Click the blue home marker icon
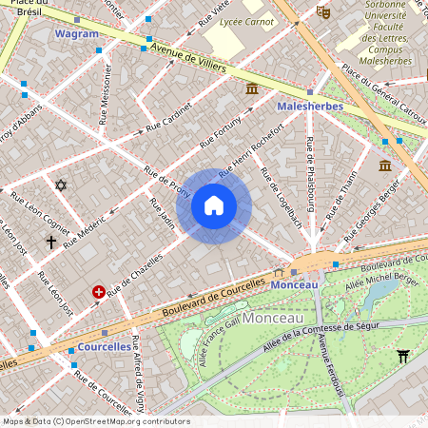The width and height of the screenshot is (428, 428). coord(214,205)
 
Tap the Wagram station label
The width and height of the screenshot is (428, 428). coord(77,33)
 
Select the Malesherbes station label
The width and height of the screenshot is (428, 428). coord(309,107)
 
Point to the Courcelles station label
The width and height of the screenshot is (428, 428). coord(105,347)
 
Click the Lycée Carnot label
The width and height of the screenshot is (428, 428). coord(245,21)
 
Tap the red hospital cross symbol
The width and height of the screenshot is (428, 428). coord(98,293)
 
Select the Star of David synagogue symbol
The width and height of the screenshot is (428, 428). coord(62,185)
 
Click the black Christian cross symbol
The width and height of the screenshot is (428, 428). coord(51,243)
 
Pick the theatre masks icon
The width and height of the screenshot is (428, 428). coord(323,12)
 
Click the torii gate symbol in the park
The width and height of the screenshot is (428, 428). coord(403,357)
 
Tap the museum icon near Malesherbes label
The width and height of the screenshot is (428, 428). coord(251,88)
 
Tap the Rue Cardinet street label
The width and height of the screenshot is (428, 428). coord(169,119)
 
